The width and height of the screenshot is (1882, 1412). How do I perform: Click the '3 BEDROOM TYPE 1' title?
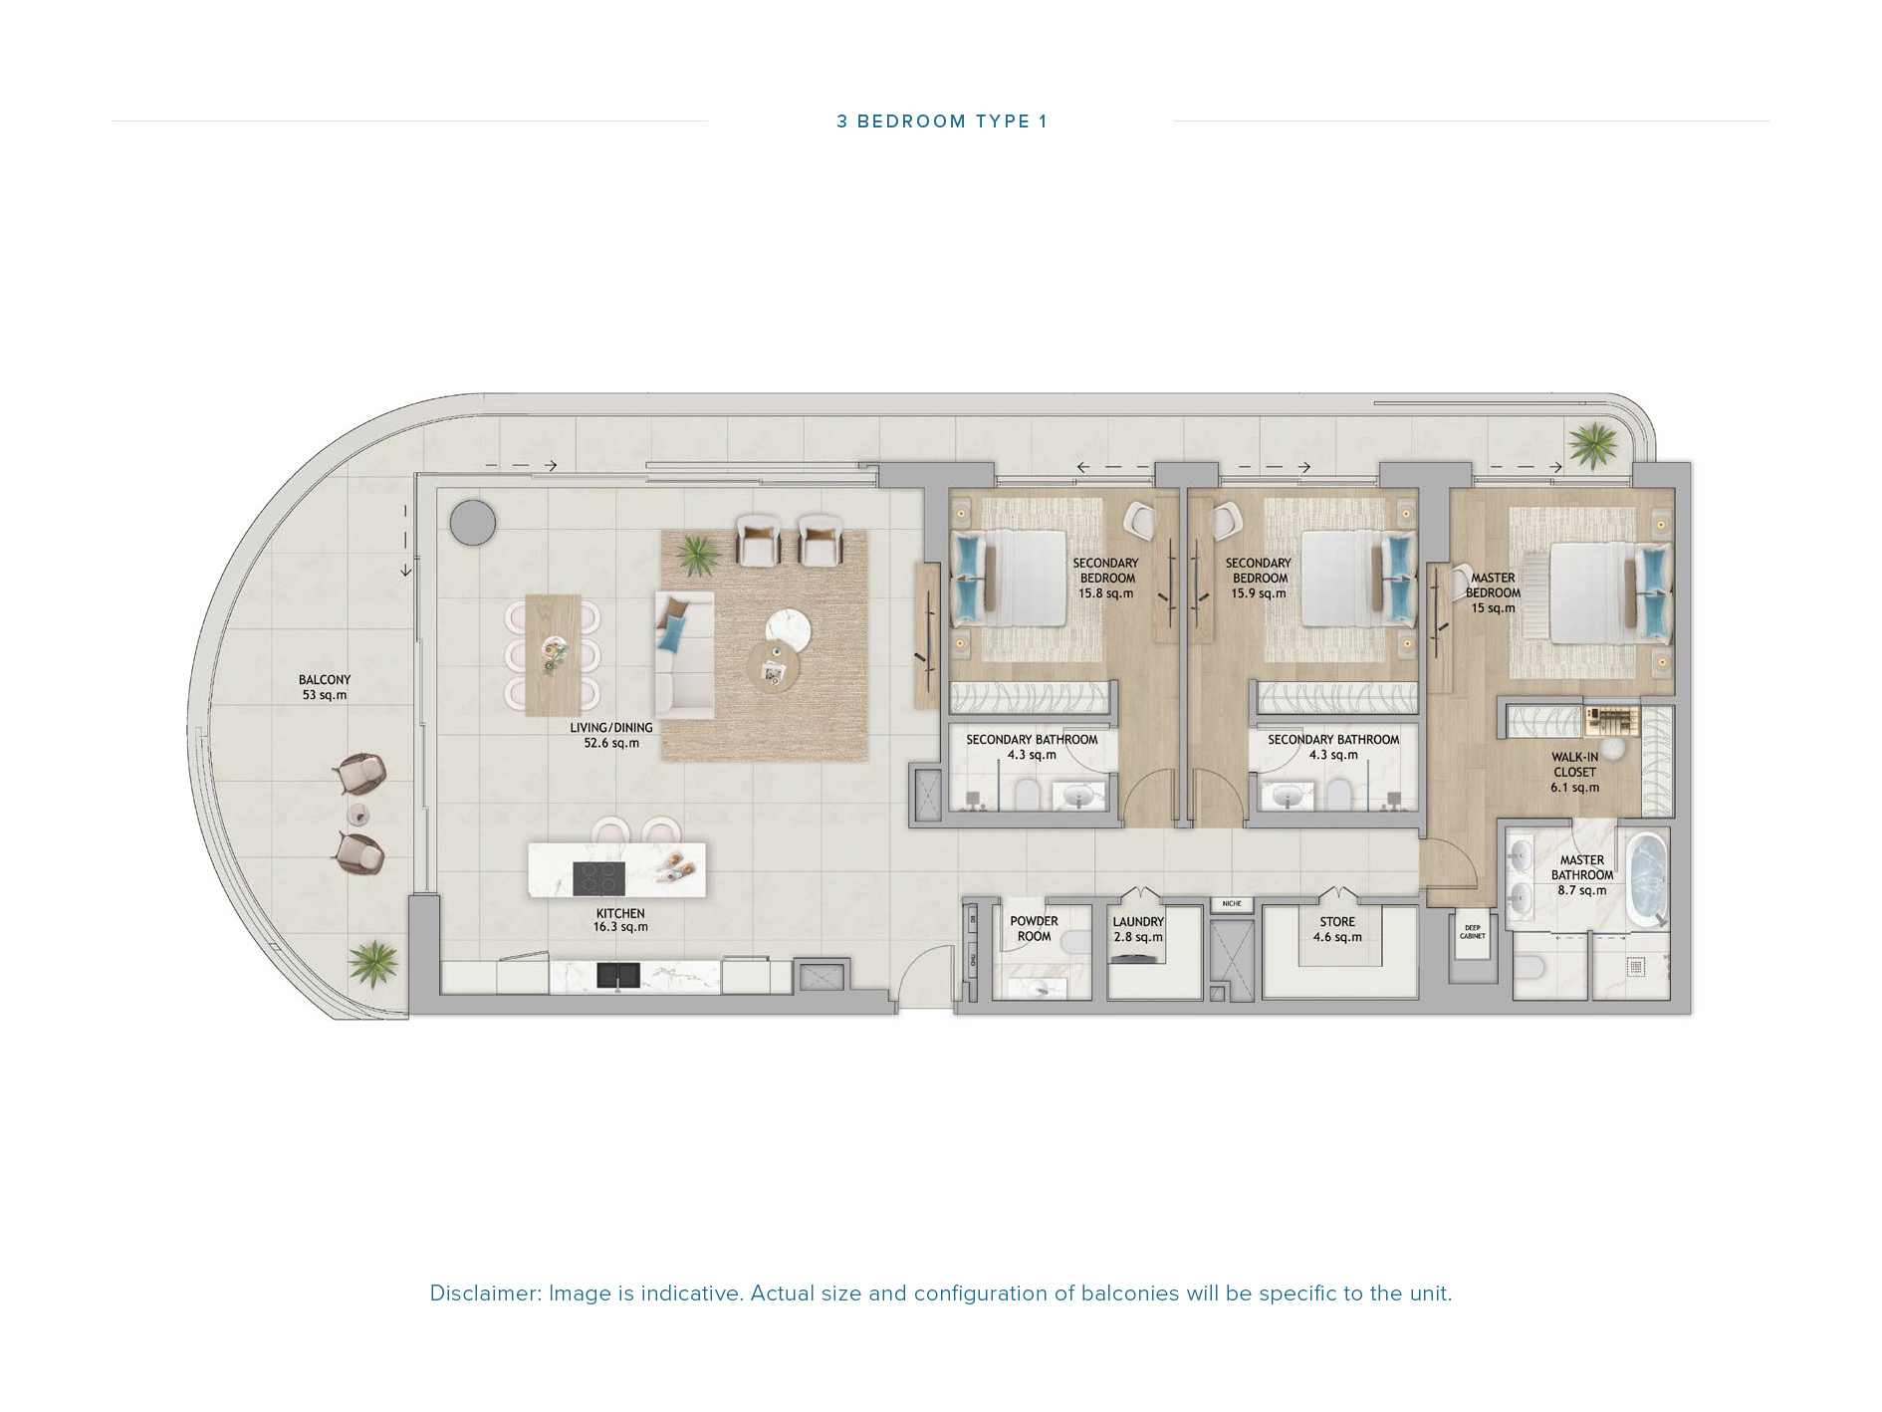point(941,121)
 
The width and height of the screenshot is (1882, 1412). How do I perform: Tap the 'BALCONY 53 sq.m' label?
point(325,687)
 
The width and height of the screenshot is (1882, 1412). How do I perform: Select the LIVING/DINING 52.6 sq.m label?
point(610,735)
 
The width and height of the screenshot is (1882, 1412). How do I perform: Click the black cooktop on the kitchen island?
point(598,878)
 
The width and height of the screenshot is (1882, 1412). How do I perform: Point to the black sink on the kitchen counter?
point(617,975)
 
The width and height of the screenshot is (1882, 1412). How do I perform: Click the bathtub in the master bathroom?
point(1645,879)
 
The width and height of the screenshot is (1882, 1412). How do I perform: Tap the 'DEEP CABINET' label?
point(1472,932)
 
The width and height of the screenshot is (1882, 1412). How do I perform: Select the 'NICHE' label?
point(1232,904)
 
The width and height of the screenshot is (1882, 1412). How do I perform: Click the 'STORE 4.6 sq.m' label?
point(1336,929)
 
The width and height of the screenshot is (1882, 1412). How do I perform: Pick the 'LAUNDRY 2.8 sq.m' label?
point(1137,929)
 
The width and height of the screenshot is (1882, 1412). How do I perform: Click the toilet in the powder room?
point(1073,942)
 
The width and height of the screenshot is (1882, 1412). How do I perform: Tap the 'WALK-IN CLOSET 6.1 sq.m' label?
point(1574,772)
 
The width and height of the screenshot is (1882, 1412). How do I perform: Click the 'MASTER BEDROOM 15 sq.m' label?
point(1493,592)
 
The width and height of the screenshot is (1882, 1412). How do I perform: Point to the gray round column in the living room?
point(472,522)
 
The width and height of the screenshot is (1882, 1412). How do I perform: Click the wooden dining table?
point(553,653)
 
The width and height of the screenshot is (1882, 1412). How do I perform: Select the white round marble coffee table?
point(788,629)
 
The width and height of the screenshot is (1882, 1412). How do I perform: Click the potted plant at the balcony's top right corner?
point(1593,444)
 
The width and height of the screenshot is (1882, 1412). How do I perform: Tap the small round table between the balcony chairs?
point(357,815)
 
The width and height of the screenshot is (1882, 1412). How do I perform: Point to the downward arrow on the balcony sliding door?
point(405,570)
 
